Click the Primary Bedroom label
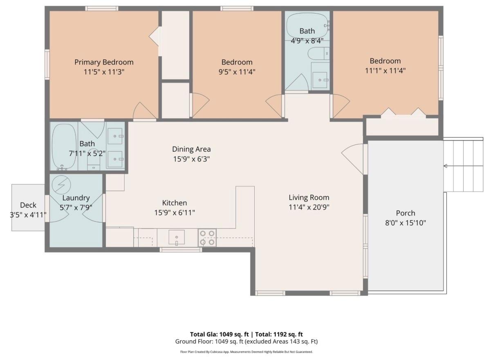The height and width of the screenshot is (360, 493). (104, 62)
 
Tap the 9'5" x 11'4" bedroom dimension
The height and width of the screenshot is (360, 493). (237, 72)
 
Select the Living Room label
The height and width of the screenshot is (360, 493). (309, 198)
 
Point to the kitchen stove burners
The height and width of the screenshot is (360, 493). (207, 238)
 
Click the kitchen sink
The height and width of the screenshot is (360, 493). (177, 237)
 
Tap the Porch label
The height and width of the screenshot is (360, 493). (406, 213)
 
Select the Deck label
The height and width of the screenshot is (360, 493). (28, 205)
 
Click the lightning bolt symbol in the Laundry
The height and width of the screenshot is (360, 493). (61, 184)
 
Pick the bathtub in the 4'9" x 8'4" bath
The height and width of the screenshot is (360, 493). (307, 25)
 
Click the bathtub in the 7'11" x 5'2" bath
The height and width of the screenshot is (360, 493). (64, 147)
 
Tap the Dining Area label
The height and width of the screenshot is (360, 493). (191, 149)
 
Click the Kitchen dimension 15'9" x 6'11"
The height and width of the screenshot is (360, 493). (175, 213)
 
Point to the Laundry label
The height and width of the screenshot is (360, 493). (76, 198)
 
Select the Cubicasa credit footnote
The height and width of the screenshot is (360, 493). (247, 352)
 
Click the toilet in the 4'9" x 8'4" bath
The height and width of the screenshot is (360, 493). (318, 54)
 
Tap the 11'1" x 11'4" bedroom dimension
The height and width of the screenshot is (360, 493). (385, 71)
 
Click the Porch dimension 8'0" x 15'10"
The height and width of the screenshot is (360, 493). (406, 223)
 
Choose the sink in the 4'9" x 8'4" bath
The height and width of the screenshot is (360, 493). (320, 80)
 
